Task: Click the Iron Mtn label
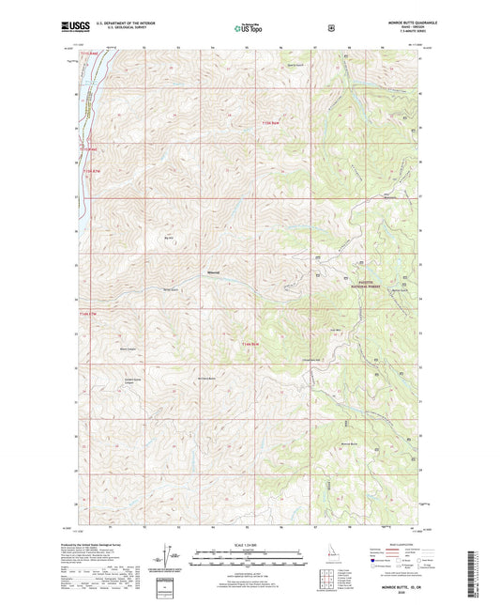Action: [335, 329]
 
